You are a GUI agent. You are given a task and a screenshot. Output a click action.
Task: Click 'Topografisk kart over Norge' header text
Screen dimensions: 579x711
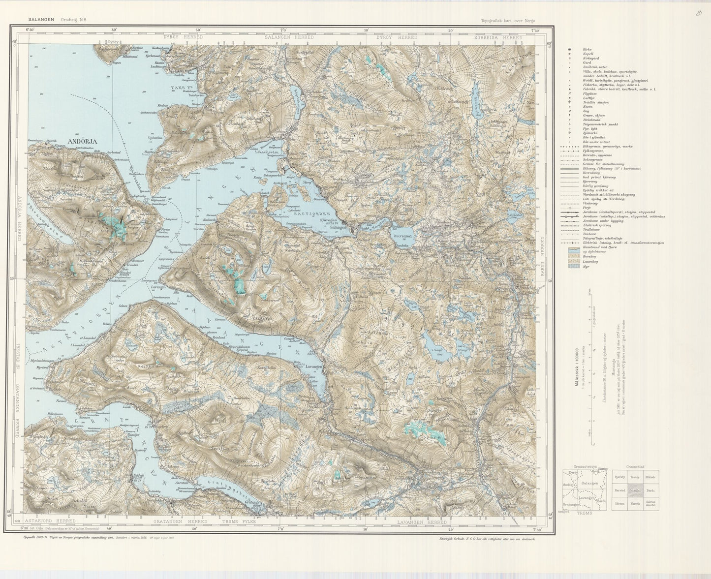pyautogui.click(x=508, y=21)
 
